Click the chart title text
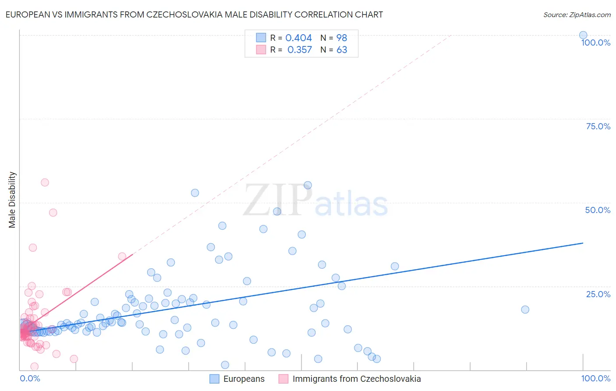(194, 15)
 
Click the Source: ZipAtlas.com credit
(577, 15)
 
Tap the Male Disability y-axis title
(12, 199)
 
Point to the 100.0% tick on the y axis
(595, 43)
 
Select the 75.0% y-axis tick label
(598, 126)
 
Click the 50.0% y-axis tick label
(598, 210)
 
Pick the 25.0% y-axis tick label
(598, 294)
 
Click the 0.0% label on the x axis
(30, 378)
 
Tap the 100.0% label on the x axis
(595, 378)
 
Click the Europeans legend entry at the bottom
(244, 379)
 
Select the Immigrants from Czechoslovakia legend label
(356, 379)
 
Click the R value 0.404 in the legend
(298, 38)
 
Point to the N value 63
(342, 50)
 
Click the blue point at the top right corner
(583, 35)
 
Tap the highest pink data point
(45, 182)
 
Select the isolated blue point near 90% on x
(525, 309)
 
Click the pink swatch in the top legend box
(261, 50)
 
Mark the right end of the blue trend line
(583, 243)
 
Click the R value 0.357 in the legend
(299, 50)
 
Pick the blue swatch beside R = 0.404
(261, 38)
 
